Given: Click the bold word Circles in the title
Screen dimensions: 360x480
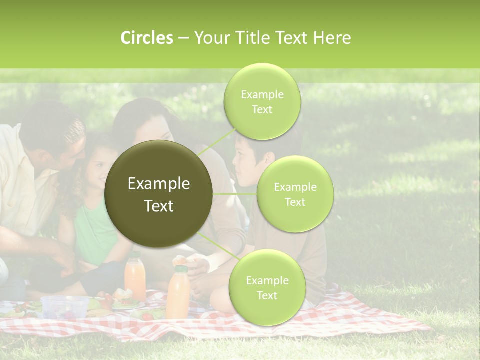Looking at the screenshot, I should (146, 38).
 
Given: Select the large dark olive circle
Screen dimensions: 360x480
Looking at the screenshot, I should (158, 194).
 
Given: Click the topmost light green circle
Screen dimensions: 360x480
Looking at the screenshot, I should (262, 101).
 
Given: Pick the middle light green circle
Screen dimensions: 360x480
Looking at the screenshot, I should (295, 194).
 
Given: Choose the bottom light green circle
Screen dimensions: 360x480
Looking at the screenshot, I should (267, 287).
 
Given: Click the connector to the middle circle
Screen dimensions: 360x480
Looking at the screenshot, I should (234, 194).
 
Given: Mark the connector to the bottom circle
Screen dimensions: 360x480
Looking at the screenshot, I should (215, 246).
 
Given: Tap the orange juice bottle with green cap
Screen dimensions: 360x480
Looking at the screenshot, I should (178, 292).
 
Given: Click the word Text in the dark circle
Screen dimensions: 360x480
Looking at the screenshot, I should (158, 205).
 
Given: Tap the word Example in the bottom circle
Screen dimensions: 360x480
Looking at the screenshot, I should (267, 280).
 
